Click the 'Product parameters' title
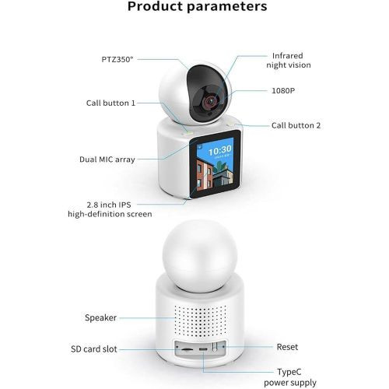[198, 6]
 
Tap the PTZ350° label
[117, 59]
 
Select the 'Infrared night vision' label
[289, 60]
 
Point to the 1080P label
[283, 90]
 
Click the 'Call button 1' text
[110, 103]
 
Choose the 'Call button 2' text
[296, 125]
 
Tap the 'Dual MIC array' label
[107, 159]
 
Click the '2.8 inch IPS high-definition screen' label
[110, 209]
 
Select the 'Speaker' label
[100, 317]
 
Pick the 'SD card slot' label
[94, 349]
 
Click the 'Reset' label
[287, 347]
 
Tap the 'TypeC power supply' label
[290, 377]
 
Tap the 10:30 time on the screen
[220, 150]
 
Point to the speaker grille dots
[200, 321]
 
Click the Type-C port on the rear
[203, 349]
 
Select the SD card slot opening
[187, 349]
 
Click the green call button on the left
[187, 133]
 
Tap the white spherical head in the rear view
[200, 255]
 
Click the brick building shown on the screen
[205, 174]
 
